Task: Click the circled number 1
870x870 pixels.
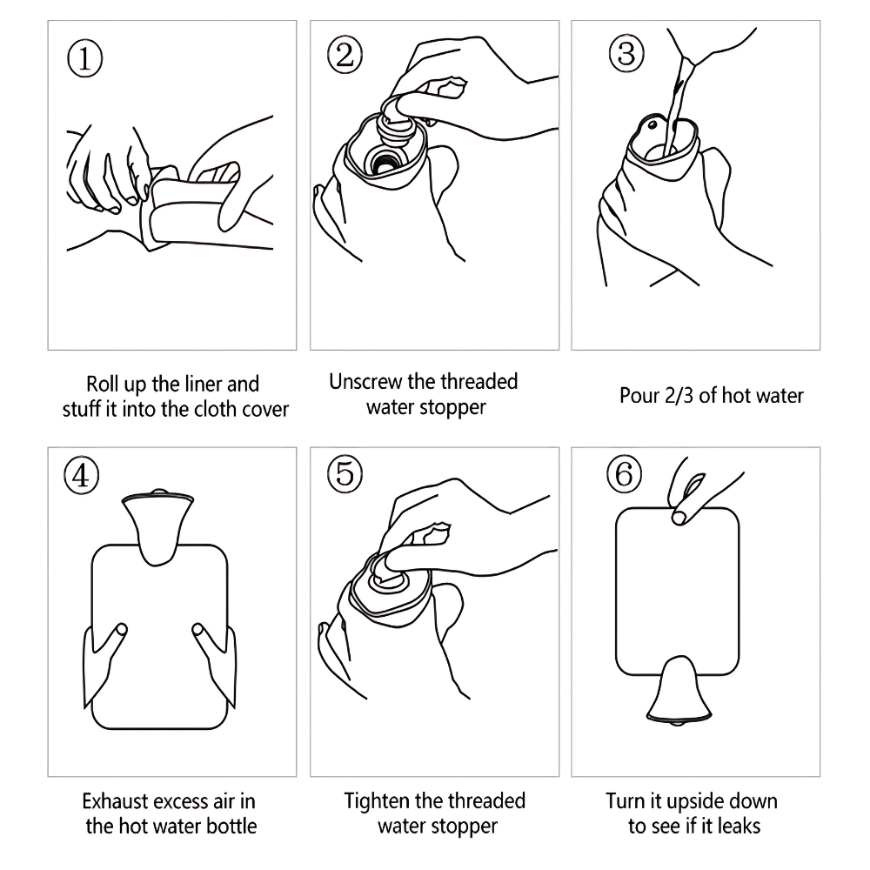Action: pos(85,59)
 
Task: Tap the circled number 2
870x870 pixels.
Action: pos(345,55)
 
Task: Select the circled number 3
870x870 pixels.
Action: pos(626,54)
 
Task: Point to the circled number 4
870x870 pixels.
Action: pos(82,476)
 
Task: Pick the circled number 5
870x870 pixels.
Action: pos(345,474)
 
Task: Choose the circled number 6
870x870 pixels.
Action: pos(624,474)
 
